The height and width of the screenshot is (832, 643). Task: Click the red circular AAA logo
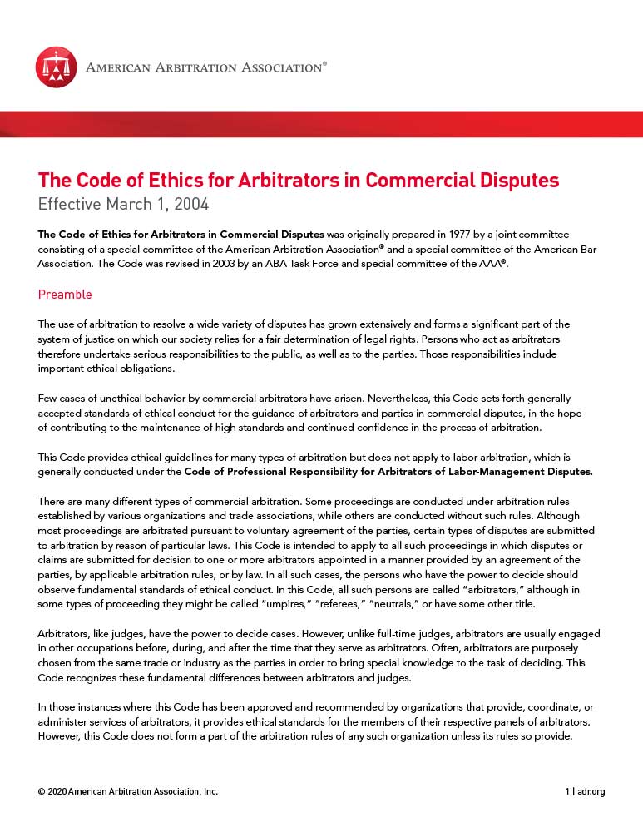click(56, 67)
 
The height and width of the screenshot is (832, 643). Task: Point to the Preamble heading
click(65, 295)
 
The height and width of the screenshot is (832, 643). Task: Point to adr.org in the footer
click(591, 791)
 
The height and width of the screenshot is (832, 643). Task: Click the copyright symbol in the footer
click(42, 791)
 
